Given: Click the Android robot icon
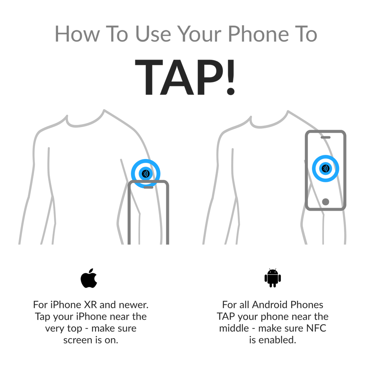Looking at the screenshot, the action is (x=273, y=278).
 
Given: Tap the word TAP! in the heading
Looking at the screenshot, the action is (x=185, y=77).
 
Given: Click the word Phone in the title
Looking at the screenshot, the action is (x=259, y=34).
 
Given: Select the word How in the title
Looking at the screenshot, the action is (x=77, y=34).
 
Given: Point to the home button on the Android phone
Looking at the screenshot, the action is (x=326, y=202).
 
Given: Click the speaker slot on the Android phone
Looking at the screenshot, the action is (x=326, y=137).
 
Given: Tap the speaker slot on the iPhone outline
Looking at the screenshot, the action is (x=148, y=187).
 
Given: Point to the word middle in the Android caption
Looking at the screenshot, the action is (x=234, y=328).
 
